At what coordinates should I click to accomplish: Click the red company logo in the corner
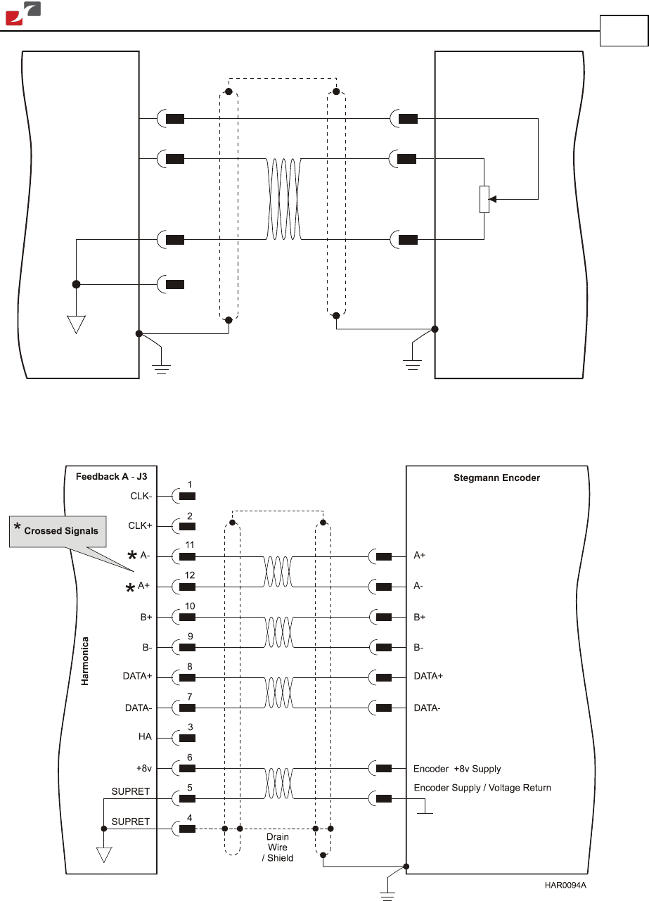(23, 13)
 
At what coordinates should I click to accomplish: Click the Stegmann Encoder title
(496, 478)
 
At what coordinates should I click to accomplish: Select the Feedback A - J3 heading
(111, 477)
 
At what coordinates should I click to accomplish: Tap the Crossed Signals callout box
(58, 531)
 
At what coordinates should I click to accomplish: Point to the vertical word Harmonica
(85, 661)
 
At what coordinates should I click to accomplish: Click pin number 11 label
(190, 544)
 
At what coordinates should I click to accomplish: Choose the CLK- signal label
(141, 496)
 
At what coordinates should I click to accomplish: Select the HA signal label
(145, 736)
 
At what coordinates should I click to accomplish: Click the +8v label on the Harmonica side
(144, 768)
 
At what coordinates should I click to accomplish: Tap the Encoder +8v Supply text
(457, 769)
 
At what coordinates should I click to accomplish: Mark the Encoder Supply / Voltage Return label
(482, 788)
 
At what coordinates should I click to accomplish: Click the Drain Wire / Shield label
(278, 847)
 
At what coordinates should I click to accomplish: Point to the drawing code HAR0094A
(565, 886)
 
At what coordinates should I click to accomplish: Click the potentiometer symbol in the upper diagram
(484, 199)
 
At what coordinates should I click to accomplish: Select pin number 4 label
(190, 818)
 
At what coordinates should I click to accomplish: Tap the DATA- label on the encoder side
(427, 708)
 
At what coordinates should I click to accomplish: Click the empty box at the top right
(624, 30)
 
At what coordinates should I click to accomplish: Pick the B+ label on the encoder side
(419, 617)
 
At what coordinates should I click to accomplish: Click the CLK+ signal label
(140, 525)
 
